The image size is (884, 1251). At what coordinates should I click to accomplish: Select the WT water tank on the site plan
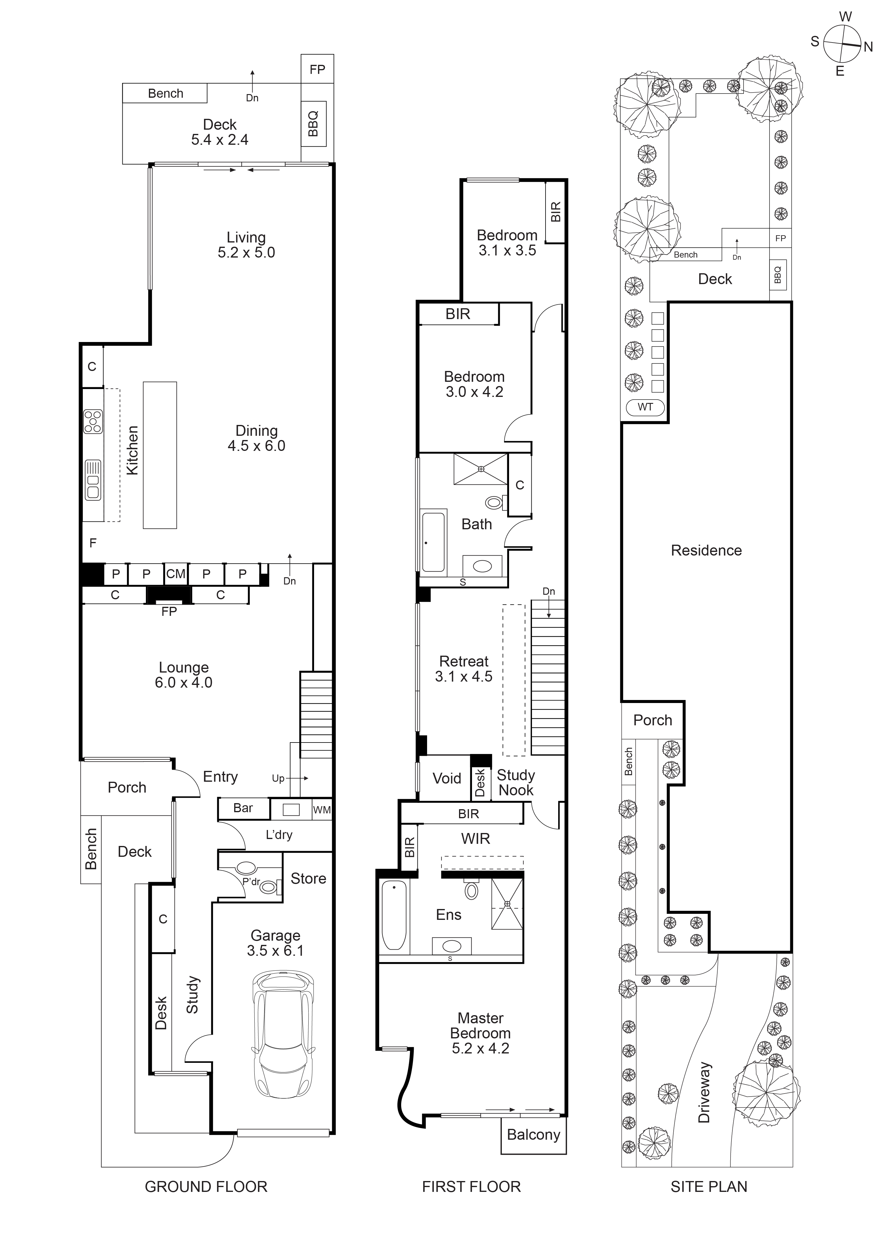pyautogui.click(x=645, y=407)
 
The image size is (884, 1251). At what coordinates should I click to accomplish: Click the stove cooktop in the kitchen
pyautogui.click(x=93, y=421)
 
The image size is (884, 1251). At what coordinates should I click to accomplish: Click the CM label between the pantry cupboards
pyautogui.click(x=175, y=574)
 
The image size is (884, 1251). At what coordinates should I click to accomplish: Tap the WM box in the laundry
pyautogui.click(x=321, y=810)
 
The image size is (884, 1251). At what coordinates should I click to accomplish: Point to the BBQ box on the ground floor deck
pyautogui.click(x=314, y=124)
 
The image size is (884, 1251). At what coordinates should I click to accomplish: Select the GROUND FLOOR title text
pyautogui.click(x=206, y=1187)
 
